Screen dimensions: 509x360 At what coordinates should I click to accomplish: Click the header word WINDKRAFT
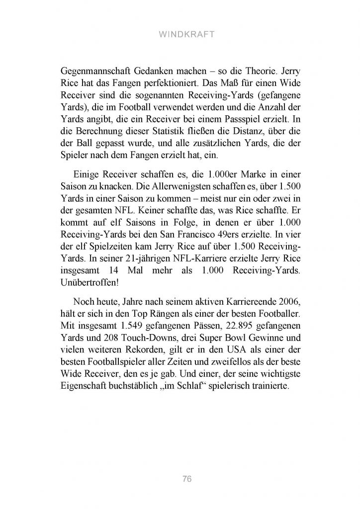[180, 35]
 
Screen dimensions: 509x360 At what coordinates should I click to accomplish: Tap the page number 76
[186, 479]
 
